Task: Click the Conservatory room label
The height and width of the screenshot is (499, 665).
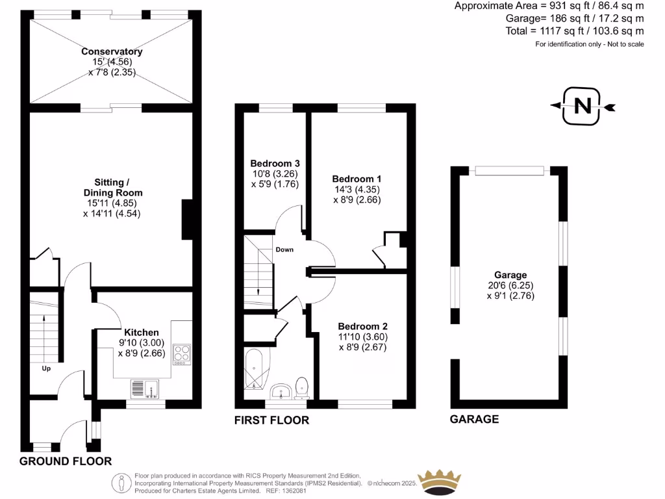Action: [x=112, y=51]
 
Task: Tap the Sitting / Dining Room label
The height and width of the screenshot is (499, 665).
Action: [x=112, y=188]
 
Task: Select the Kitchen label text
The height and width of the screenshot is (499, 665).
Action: [x=142, y=332]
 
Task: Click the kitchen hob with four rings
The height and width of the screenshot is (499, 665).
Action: [x=182, y=353]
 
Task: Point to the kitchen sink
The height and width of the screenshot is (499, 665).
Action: [x=145, y=389]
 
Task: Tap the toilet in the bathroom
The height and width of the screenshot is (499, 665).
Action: [x=302, y=388]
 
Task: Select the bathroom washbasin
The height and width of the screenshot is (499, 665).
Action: [x=281, y=391]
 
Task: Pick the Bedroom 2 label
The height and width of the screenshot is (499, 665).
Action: [x=362, y=326]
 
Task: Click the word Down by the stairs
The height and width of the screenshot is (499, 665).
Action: [x=284, y=249]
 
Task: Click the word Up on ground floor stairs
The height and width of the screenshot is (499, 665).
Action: [x=46, y=368]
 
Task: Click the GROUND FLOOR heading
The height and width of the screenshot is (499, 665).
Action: [x=65, y=461]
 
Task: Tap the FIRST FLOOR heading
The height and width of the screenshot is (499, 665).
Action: [x=271, y=420]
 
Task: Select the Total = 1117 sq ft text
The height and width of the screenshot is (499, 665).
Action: [x=575, y=31]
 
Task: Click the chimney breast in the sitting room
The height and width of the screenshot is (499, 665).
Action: [x=188, y=220]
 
